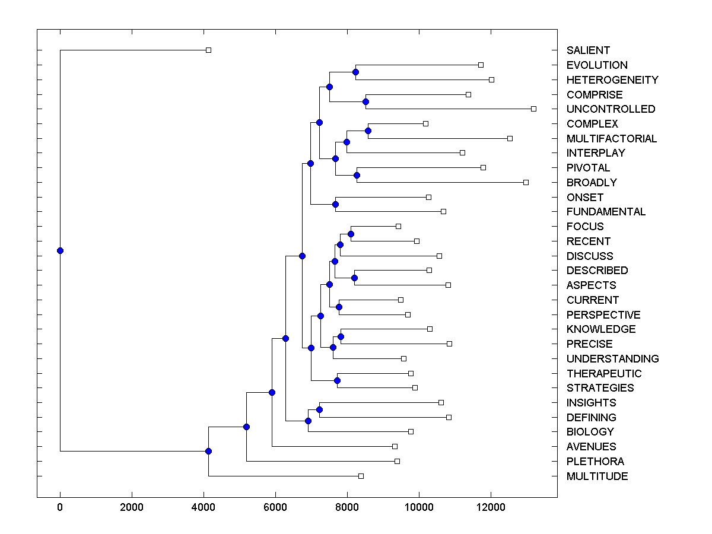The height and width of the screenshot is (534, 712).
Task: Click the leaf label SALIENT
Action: tap(588, 50)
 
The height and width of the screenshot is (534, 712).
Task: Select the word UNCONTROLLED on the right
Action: tap(611, 109)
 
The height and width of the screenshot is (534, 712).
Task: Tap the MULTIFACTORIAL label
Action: tap(612, 139)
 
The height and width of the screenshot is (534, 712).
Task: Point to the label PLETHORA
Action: tap(595, 462)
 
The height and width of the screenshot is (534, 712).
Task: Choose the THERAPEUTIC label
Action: tap(604, 374)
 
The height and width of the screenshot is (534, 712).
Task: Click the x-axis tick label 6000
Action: tap(275, 507)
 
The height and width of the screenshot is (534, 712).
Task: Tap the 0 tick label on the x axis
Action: tap(60, 507)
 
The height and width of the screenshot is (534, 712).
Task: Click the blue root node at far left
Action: tap(60, 250)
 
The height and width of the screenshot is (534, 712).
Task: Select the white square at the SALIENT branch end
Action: tap(208, 50)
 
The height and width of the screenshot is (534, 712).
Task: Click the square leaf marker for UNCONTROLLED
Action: tap(533, 109)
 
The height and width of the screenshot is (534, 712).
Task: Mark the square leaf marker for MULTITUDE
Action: tap(361, 476)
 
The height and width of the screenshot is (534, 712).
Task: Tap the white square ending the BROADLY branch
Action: tap(526, 182)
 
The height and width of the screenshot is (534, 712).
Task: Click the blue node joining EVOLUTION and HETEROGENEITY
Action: tap(355, 72)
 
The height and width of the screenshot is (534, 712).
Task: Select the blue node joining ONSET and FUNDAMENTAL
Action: tap(335, 204)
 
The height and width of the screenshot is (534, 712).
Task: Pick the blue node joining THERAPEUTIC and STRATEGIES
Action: tap(337, 380)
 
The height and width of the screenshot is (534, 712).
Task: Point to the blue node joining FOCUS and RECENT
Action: tap(351, 234)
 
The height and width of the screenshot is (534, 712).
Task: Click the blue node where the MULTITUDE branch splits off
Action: tap(208, 451)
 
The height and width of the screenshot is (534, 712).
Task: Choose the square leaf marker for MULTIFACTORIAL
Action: tap(510, 138)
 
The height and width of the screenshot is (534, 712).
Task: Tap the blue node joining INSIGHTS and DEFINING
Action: tap(319, 409)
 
